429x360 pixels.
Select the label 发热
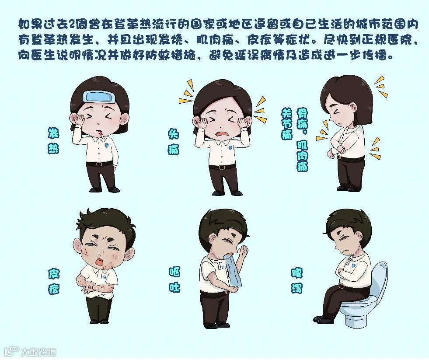coord(53,140)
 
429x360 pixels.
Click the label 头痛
coord(174,142)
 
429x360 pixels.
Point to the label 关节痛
coord(286,124)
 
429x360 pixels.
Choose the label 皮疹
coord(54,281)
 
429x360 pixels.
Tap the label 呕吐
coord(174,280)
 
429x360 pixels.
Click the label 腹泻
coord(297,280)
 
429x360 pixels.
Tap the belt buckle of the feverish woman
coord(99,164)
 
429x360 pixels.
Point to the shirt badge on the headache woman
coord(230,148)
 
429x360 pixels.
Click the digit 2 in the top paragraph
coord(73,24)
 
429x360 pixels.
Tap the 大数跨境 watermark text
coord(38,352)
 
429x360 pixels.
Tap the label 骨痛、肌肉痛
coord(302,140)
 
